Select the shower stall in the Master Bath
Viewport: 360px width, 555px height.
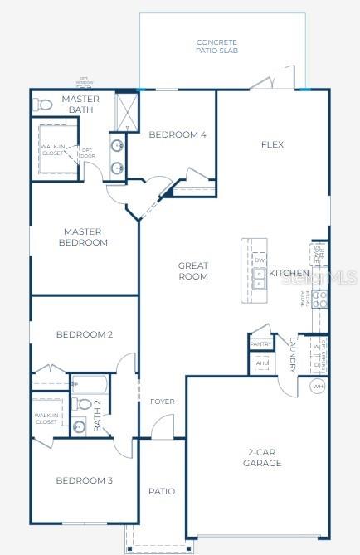click(x=126, y=110)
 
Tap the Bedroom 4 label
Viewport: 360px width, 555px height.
click(x=178, y=134)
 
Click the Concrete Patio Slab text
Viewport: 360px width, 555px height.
click(x=216, y=46)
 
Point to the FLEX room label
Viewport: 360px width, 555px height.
click(x=272, y=144)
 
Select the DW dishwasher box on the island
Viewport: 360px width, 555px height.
click(x=260, y=260)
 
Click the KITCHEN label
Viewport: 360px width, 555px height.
click(x=289, y=273)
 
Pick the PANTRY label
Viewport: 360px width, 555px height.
click(x=261, y=343)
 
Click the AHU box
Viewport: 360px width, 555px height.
click(x=262, y=363)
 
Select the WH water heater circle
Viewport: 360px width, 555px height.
click(x=318, y=386)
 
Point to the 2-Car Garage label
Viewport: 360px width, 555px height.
click(x=263, y=457)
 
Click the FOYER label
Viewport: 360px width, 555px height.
click(x=162, y=402)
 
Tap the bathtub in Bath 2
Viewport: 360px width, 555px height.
click(x=90, y=384)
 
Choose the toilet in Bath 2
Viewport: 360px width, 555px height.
click(x=83, y=404)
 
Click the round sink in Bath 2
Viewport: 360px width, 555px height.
click(x=79, y=426)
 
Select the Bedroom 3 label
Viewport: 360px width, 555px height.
click(x=84, y=480)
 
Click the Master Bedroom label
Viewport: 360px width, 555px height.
click(x=83, y=237)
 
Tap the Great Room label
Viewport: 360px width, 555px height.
click(x=193, y=270)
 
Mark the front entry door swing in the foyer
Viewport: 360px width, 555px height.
click(x=161, y=426)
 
